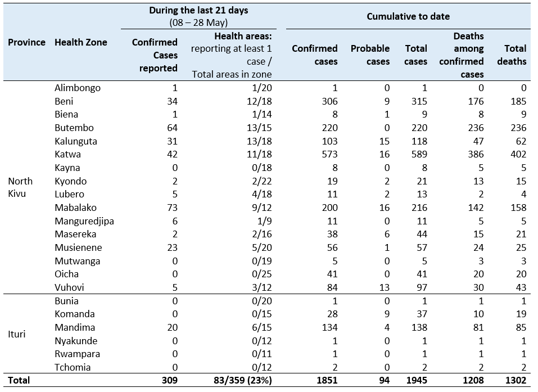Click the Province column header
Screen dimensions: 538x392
[x=27, y=42]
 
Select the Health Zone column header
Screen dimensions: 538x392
[x=81, y=42]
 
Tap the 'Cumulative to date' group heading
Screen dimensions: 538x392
[x=408, y=16]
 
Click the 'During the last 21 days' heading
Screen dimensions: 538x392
[x=198, y=10]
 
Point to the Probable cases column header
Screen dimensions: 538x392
[x=370, y=55]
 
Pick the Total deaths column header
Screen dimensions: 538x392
[x=512, y=55]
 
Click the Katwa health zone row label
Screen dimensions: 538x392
[x=67, y=155]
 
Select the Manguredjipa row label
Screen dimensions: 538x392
[x=84, y=221]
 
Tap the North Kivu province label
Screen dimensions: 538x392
[x=20, y=187]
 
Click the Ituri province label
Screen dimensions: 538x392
[x=16, y=334]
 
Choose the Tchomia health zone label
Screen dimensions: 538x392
[x=73, y=367]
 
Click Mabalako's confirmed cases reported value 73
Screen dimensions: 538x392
[x=172, y=208]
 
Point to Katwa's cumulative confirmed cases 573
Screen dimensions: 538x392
[x=330, y=155]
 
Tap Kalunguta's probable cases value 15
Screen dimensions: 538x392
[x=385, y=141]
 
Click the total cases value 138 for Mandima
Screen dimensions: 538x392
[x=419, y=327]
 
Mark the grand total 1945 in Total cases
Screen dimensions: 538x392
[x=417, y=380]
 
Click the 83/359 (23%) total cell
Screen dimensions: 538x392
[x=243, y=380]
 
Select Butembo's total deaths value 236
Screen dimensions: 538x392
[x=518, y=128]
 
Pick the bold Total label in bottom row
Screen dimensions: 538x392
[x=19, y=380]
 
